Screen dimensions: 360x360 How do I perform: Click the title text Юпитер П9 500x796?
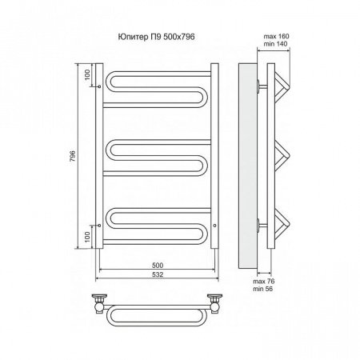(156, 37)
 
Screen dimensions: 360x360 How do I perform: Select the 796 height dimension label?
(72, 156)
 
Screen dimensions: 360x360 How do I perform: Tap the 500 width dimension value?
(158, 266)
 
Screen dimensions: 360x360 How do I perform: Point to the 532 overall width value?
(158, 274)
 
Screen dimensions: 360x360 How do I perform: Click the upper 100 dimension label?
(87, 75)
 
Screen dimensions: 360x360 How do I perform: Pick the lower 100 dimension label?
(87, 237)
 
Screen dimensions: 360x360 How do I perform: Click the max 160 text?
(276, 36)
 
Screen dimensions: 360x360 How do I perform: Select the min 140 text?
(276, 44)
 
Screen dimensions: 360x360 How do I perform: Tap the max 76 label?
(264, 282)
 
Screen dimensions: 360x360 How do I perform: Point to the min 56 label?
(263, 289)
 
